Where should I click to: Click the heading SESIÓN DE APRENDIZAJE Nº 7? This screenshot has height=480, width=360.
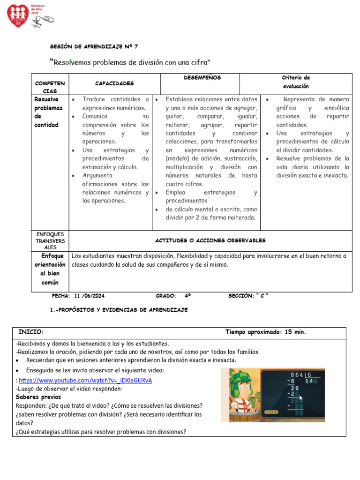(x=94, y=46)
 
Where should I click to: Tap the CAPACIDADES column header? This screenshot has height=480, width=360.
(x=114, y=83)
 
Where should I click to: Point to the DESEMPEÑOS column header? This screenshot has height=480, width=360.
(x=202, y=77)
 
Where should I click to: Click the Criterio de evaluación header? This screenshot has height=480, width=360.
(x=296, y=82)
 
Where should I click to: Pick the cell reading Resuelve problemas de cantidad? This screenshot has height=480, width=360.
(x=48, y=112)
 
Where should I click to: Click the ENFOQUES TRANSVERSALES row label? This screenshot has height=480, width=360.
(x=50, y=240)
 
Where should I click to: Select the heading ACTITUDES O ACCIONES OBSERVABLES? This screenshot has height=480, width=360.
(x=210, y=240)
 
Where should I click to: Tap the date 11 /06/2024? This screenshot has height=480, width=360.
(x=89, y=296)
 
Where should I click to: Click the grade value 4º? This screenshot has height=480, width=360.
(x=187, y=296)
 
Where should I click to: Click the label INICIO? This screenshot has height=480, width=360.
(x=31, y=332)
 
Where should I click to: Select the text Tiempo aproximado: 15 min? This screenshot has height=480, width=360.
(x=265, y=332)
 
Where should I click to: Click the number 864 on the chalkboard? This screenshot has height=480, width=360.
(x=297, y=375)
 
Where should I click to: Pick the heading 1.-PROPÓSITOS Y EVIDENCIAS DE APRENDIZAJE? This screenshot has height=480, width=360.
(x=119, y=310)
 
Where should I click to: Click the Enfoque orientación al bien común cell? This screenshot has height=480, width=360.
(x=50, y=269)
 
